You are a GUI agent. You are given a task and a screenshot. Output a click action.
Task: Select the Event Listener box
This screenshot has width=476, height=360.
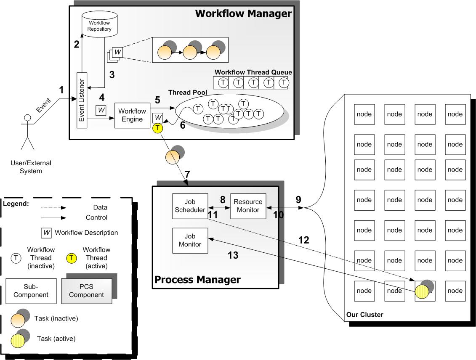(82, 101)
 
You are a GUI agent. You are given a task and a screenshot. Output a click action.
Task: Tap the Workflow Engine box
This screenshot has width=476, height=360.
(132, 115)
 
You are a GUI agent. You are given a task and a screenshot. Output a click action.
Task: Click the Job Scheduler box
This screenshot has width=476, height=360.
(190, 206)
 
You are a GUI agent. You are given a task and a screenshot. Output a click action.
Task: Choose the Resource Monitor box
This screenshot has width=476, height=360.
(248, 206)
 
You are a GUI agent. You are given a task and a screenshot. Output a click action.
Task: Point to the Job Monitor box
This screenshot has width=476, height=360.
(190, 240)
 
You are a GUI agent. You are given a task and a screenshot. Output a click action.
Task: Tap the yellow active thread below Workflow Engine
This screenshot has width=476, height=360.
(157, 128)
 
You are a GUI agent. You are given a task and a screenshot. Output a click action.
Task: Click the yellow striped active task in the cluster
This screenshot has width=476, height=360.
(422, 292)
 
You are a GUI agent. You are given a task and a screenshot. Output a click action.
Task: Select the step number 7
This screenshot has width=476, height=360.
(187, 174)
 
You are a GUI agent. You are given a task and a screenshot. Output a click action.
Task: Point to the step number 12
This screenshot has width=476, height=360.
(303, 240)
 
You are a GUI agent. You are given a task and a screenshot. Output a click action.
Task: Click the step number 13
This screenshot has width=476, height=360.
(233, 255)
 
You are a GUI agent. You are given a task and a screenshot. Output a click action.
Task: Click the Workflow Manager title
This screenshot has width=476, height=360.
(243, 13)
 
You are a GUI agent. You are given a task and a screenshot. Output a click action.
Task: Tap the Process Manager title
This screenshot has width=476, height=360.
(198, 279)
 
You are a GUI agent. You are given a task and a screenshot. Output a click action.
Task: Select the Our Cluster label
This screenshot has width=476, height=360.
(364, 315)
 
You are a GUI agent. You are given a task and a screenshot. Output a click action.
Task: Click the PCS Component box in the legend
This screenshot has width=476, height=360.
(86, 291)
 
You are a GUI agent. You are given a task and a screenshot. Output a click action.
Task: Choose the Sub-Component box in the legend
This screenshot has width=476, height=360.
(31, 291)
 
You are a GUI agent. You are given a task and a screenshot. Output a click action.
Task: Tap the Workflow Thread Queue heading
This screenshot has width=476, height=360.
(253, 72)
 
